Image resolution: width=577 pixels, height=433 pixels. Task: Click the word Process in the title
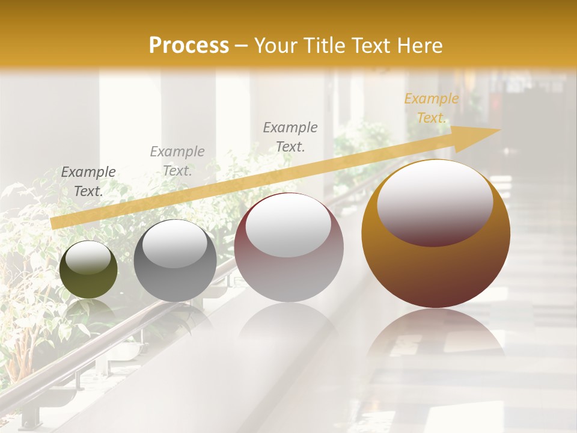pos(189,46)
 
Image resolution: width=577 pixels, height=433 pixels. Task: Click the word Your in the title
pos(277,46)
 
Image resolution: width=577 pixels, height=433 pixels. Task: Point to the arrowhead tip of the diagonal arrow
pos(499,130)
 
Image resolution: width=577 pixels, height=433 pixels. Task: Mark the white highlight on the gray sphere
pos(175,244)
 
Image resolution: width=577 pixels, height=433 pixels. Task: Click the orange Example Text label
pos(431,108)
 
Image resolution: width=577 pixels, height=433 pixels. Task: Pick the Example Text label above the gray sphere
pos(177,161)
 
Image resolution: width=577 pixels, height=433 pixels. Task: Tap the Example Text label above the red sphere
pos(290,137)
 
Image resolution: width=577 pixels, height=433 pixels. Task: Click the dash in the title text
pos(242,46)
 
